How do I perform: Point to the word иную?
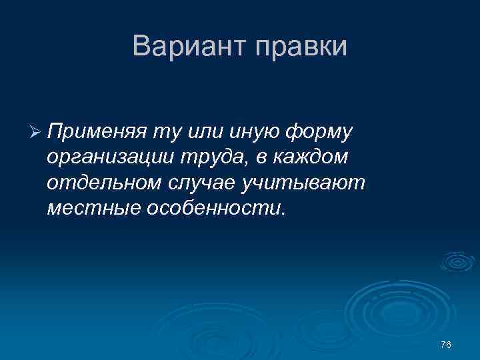(249, 131)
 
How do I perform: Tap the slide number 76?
(446, 344)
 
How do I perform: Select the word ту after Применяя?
(163, 132)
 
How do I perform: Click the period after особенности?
(283, 214)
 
